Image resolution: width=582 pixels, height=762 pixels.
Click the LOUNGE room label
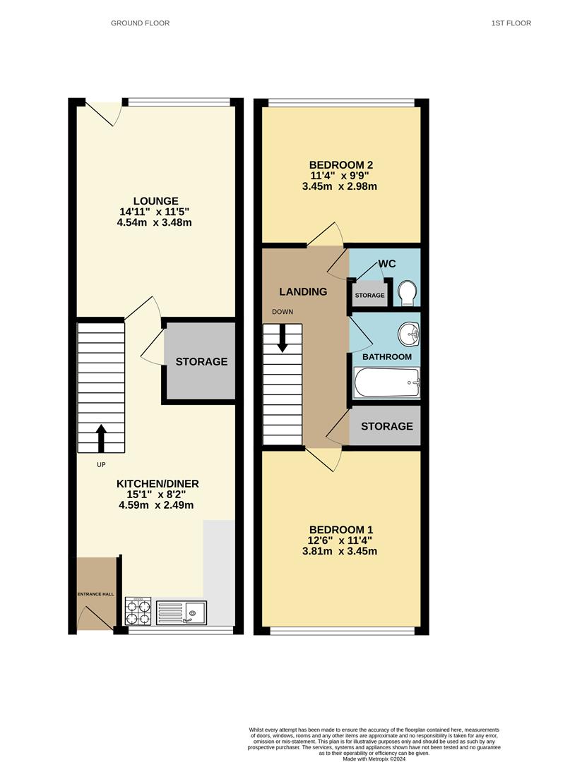155,200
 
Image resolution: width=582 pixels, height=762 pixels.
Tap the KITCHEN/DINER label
158,484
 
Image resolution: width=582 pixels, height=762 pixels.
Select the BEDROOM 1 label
341,530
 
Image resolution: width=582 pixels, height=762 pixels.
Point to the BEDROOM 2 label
341,164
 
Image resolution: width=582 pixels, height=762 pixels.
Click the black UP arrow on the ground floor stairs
101,438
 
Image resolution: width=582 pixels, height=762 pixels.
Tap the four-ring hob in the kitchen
138,611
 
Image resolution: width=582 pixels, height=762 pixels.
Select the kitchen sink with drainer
182,612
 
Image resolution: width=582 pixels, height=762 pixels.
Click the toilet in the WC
406,294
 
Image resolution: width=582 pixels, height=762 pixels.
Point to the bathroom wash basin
409,334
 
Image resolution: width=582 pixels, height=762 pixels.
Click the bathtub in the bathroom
387,382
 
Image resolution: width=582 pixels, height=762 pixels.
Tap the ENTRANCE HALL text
96,594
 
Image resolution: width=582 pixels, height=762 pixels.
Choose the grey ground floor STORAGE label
201,361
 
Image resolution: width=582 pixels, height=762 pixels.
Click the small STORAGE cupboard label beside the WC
370,296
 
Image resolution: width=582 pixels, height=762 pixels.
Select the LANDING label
303,291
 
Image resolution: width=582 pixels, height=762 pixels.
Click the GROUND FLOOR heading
140,23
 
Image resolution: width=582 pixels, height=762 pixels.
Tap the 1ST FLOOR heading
511,23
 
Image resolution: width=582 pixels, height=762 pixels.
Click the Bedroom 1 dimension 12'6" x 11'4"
341,540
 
